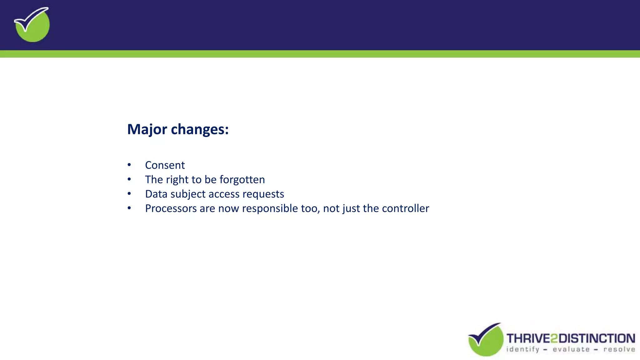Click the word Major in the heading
click(x=147, y=129)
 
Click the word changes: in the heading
click(x=200, y=129)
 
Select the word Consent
click(x=165, y=165)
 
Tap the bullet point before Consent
click(x=129, y=165)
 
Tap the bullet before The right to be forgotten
click(x=129, y=179)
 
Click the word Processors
click(x=171, y=208)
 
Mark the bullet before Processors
click(x=129, y=208)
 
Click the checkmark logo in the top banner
click(x=32, y=24)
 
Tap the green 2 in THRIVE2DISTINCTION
click(x=554, y=338)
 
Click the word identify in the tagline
click(x=523, y=349)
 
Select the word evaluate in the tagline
click(x=571, y=349)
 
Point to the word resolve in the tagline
click(x=619, y=349)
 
